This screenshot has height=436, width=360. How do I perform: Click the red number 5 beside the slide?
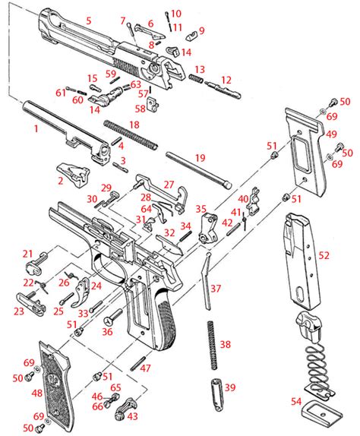pyautogui.click(x=89, y=21)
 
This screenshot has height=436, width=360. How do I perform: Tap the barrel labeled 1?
pyautogui.click(x=67, y=131)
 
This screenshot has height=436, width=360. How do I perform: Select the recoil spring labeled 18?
pyautogui.click(x=131, y=134)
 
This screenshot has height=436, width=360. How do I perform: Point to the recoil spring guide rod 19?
pyautogui.click(x=198, y=170)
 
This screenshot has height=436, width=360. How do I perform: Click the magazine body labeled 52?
pyautogui.click(x=302, y=261)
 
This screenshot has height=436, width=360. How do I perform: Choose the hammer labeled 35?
pyautogui.click(x=208, y=229)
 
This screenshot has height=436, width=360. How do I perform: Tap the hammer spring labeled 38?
pyautogui.click(x=213, y=345)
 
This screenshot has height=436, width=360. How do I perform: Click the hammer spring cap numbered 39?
pyautogui.click(x=217, y=394)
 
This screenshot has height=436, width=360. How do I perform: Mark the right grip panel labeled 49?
pyautogui.click(x=306, y=152)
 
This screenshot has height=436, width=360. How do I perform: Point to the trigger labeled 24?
pyautogui.click(x=81, y=292)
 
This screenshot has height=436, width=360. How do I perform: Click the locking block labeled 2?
pyautogui.click(x=74, y=175)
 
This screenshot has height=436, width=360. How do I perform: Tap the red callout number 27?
pyautogui.click(x=169, y=185)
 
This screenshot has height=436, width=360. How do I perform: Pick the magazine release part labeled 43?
pyautogui.click(x=125, y=409)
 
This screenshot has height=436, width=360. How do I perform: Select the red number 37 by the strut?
pyautogui.click(x=216, y=289)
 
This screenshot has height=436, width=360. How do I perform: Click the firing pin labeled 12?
pyautogui.click(x=223, y=89)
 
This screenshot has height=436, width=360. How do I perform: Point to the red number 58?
pyautogui.click(x=141, y=109)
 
